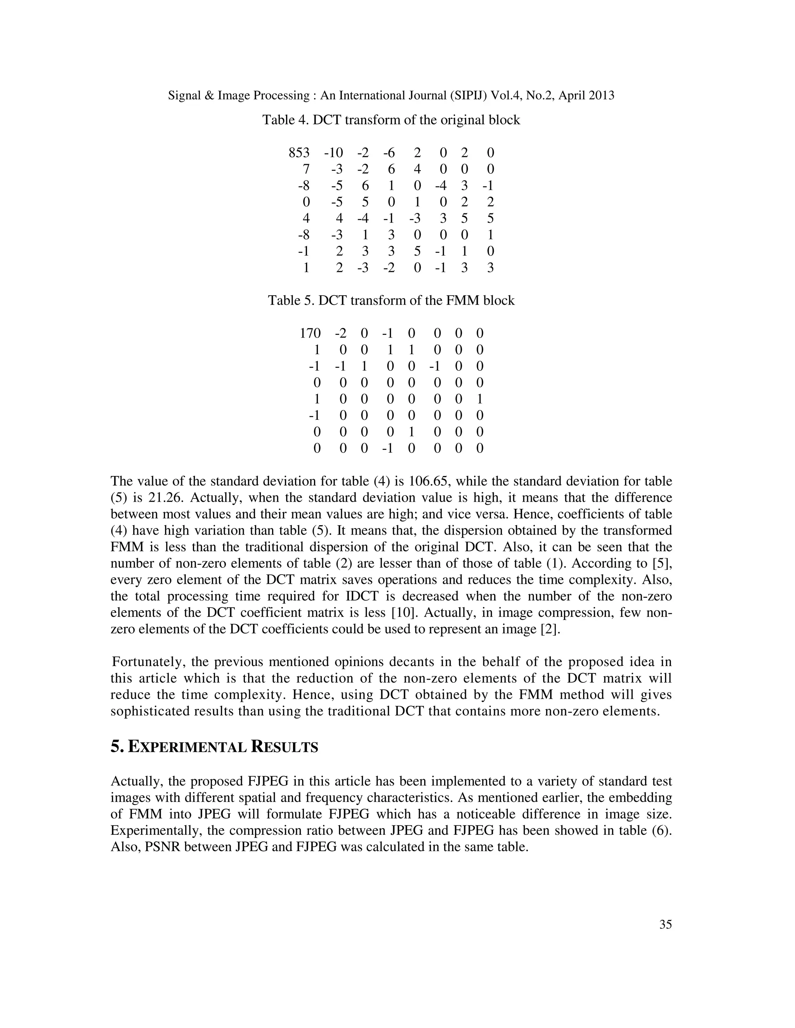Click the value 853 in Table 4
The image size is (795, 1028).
coord(299,152)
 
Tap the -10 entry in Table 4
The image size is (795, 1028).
coord(333,152)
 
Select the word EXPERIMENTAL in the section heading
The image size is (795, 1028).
coord(187,747)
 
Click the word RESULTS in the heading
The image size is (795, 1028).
coord(285,747)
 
